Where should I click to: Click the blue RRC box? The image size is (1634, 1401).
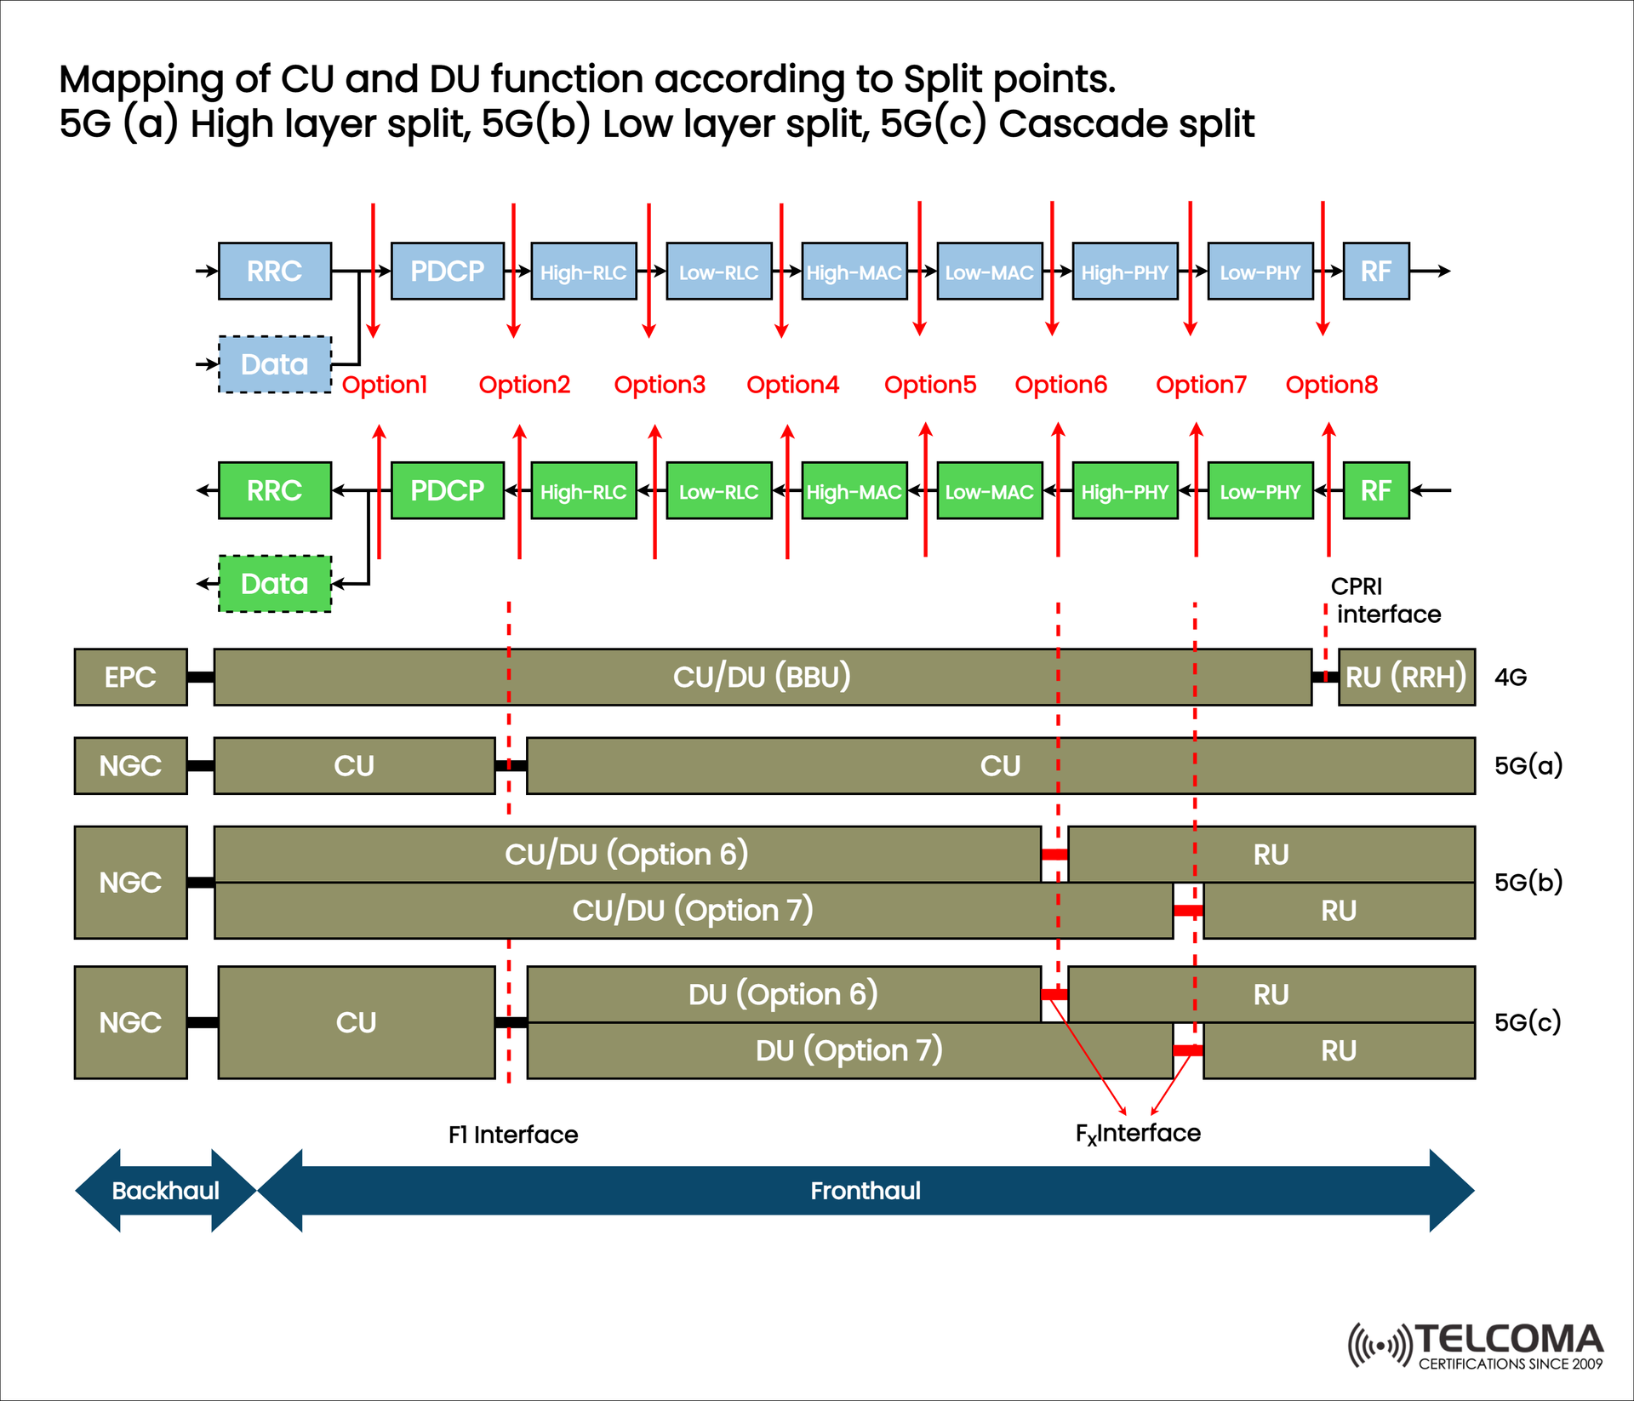click(x=274, y=271)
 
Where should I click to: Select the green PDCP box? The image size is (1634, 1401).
click(x=447, y=490)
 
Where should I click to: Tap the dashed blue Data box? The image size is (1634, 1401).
click(x=274, y=364)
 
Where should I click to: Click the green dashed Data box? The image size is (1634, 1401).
click(x=274, y=584)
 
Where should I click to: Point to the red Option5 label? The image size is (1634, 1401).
click(x=929, y=385)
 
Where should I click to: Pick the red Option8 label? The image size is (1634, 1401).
click(x=1331, y=385)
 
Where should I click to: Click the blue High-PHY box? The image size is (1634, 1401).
click(x=1124, y=272)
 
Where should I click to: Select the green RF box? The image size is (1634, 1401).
click(x=1375, y=490)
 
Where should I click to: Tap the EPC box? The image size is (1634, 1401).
click(x=130, y=678)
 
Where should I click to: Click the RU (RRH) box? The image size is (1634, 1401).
click(x=1406, y=678)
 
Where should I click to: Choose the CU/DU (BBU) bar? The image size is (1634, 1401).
click(x=762, y=678)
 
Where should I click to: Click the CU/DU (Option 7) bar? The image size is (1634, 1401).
click(x=693, y=911)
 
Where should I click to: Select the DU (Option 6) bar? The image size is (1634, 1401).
click(x=783, y=994)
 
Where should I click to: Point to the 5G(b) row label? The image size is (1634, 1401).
click(x=1528, y=882)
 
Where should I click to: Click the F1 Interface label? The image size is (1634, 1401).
click(x=513, y=1135)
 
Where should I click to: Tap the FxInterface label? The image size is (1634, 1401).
click(x=1138, y=1134)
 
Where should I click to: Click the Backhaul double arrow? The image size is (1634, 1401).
click(x=165, y=1190)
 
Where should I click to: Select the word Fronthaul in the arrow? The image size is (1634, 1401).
click(x=865, y=1190)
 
